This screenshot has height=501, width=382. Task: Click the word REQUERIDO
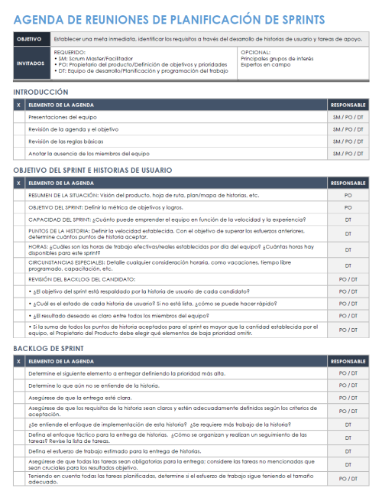[x=70, y=52]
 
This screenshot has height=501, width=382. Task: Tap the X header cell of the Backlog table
[x=18, y=360]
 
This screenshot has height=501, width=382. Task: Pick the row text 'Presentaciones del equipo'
[x=63, y=118]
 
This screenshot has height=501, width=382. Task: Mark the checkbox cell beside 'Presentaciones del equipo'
[x=18, y=118]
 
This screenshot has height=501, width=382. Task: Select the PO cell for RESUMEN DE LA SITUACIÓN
[x=348, y=195]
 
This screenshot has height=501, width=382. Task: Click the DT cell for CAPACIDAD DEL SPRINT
[x=348, y=220]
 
